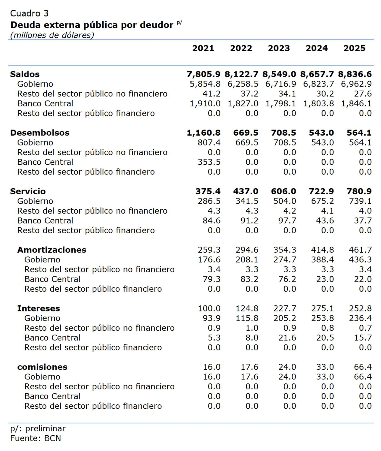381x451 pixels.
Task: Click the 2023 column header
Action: pos(279,48)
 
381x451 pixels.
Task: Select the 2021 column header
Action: pos(203,48)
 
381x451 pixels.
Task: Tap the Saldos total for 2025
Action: pos(355,74)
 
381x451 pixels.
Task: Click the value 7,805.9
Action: pos(203,74)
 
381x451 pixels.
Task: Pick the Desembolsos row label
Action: pos(40,133)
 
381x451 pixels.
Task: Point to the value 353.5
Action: pos(209,162)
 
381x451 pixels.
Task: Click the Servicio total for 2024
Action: pos(321,191)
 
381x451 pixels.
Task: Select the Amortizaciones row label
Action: pos(52,250)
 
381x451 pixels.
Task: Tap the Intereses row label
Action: pos(38,308)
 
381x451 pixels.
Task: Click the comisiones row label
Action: pos(42,367)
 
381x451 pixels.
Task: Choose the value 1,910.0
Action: pos(205,103)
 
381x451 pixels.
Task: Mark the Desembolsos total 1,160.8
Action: pos(203,133)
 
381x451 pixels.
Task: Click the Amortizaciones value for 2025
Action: pos(360,250)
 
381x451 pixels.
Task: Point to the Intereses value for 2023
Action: pos(284,308)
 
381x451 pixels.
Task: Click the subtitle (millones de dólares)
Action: pos(52,35)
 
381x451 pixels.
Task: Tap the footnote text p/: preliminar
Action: pos(38,428)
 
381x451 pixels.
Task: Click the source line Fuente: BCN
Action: pos(36,438)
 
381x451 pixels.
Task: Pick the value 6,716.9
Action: pos(281,84)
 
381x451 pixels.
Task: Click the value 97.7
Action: pos(287,220)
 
